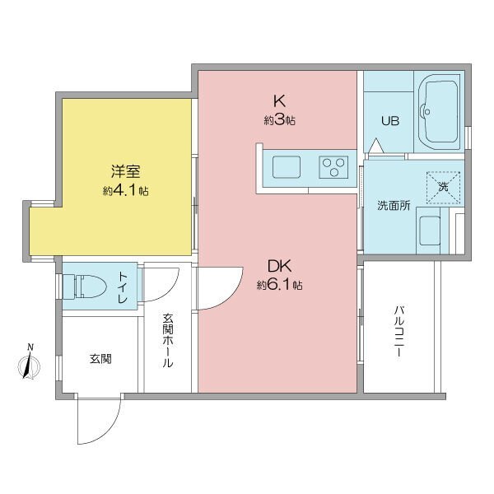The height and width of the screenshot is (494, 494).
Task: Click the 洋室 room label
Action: point(126,172)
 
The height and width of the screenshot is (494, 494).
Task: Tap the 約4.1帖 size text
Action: point(126,190)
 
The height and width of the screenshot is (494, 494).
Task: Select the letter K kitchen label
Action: point(280,101)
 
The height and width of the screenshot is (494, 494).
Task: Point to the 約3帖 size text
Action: point(280,120)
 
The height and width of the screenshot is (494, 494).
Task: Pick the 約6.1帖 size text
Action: point(280,286)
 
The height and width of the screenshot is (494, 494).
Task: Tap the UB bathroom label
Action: point(389,121)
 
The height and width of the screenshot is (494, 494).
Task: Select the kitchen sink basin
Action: point(290,167)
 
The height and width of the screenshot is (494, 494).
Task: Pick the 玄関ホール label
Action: point(167,340)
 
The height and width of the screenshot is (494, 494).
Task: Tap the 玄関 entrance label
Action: point(100,358)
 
